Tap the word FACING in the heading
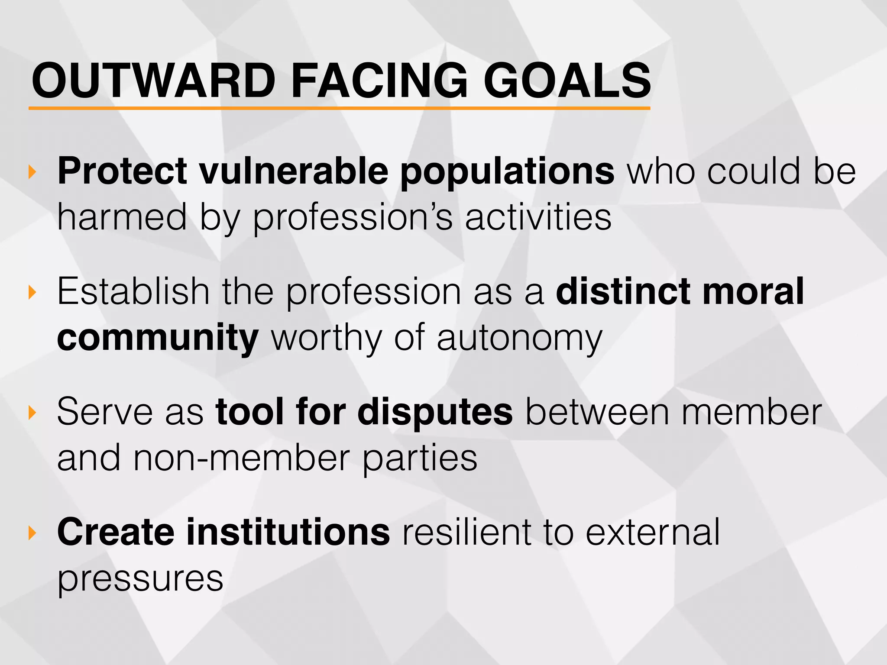pos(379,81)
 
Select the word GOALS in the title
pos(567,81)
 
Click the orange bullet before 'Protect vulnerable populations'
pos(32,172)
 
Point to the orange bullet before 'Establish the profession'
pos(32,292)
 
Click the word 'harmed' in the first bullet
pos(122,217)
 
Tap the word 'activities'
pos(538,217)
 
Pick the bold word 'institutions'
pos(288,533)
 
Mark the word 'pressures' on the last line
pos(140,579)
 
